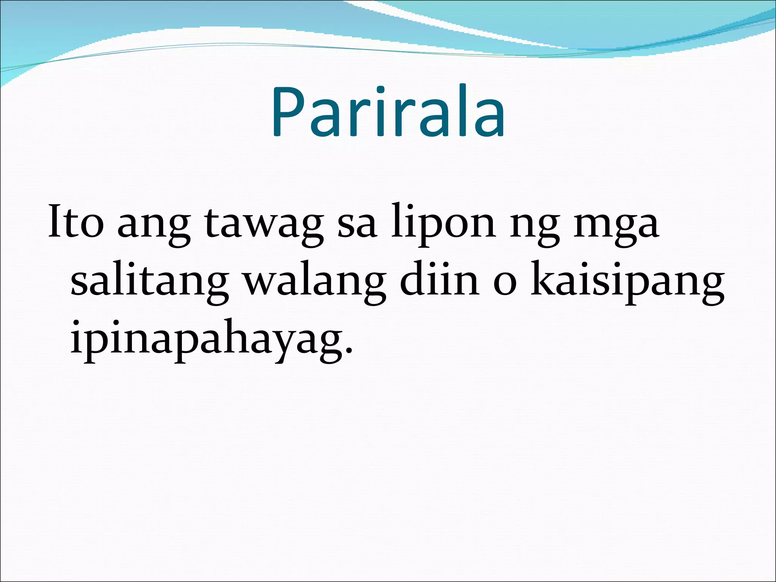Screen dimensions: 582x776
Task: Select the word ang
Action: [153, 227]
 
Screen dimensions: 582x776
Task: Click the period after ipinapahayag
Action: [349, 349]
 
